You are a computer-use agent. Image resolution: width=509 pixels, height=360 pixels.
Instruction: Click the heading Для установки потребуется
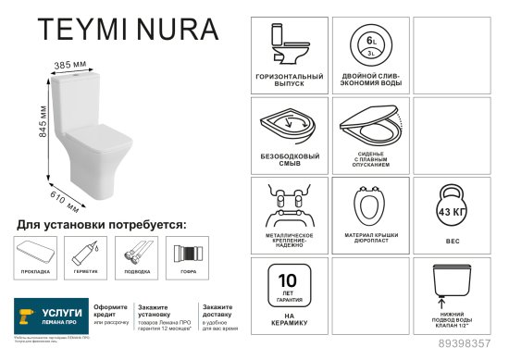click(102, 224)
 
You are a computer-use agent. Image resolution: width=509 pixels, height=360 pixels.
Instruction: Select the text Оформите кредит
click(111, 308)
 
